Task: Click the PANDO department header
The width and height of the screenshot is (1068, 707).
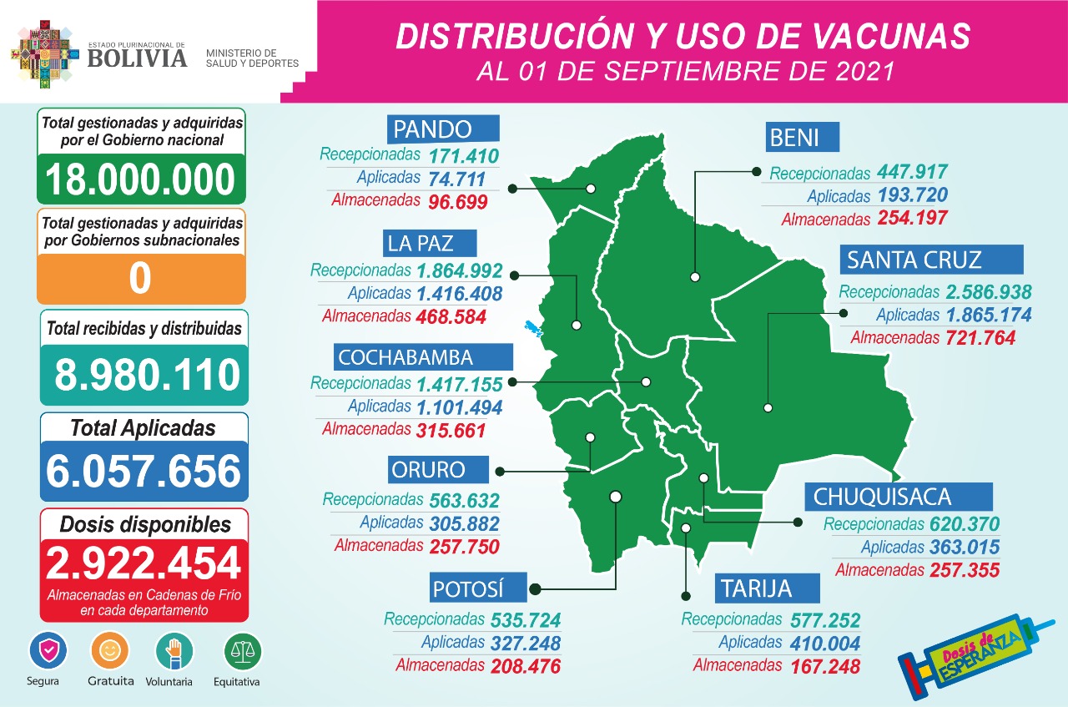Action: pyautogui.click(x=443, y=129)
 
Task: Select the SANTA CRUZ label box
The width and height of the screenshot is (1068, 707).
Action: pyautogui.click(x=931, y=260)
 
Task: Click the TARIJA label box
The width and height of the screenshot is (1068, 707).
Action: pyautogui.click(x=767, y=588)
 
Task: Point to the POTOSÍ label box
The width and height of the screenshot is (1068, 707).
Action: pyautogui.click(x=479, y=588)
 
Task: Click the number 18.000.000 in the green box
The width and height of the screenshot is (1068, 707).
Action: pyautogui.click(x=140, y=179)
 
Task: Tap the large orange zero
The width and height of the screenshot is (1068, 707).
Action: pyautogui.click(x=140, y=279)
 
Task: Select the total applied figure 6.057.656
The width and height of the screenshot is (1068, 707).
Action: pyautogui.click(x=144, y=472)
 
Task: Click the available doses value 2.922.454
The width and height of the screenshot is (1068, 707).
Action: pyautogui.click(x=144, y=564)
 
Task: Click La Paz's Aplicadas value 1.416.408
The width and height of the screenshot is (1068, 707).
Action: pyautogui.click(x=458, y=294)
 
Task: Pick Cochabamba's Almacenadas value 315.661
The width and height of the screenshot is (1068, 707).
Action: pyautogui.click(x=450, y=430)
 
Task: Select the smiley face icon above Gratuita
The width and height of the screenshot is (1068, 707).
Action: pyautogui.click(x=110, y=650)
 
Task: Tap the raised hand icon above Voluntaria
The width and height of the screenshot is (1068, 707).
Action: pyautogui.click(x=174, y=650)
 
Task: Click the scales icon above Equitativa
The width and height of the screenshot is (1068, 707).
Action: pyautogui.click(x=242, y=651)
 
